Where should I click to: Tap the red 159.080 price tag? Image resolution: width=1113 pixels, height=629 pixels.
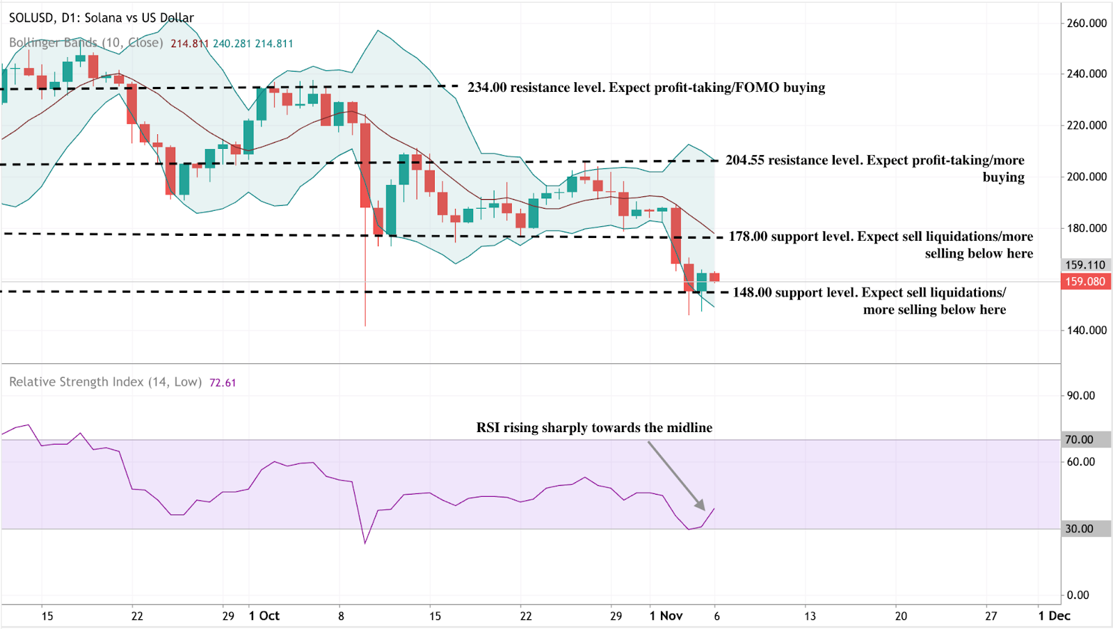1085,282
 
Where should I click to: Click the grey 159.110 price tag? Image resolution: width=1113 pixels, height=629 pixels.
1085,265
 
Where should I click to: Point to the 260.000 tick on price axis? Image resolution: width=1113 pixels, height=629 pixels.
1087,23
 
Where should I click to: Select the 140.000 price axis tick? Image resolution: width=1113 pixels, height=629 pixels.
1087,331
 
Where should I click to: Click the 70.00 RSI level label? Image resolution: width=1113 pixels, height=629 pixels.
1080,440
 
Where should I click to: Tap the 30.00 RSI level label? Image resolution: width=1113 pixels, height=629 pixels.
1080,529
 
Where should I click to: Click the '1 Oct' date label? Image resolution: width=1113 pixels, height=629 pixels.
264,616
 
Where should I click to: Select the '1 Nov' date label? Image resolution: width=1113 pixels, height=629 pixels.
666,616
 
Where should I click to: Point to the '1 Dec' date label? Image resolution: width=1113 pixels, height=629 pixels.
1054,616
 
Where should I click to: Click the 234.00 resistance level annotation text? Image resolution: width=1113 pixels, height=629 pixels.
646,88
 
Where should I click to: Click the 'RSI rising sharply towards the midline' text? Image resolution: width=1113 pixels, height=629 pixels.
594,427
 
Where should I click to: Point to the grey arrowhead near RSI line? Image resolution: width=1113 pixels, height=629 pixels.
700,506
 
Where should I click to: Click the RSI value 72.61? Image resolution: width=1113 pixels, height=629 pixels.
223,383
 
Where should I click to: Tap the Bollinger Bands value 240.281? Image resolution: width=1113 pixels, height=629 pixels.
232,43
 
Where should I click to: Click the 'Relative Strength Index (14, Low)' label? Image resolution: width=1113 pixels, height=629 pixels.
105,382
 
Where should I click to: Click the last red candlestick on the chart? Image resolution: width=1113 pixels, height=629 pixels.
714,277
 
